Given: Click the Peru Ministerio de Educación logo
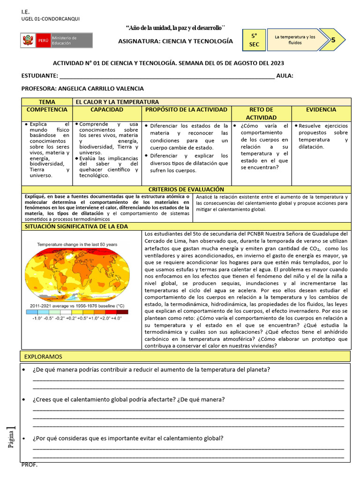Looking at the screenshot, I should [x=56, y=40].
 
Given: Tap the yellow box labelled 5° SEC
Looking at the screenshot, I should [x=254, y=40].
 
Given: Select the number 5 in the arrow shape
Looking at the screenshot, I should [x=333, y=40].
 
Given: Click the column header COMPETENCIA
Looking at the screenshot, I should [x=47, y=110].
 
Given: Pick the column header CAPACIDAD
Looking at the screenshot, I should [x=107, y=110].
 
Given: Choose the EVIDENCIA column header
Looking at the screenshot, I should [x=321, y=110].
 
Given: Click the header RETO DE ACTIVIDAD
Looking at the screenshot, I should [x=261, y=113].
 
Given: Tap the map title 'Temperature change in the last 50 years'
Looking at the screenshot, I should [x=77, y=244].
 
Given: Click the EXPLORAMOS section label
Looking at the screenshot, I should [x=43, y=357].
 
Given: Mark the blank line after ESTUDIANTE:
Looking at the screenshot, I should [x=167, y=76].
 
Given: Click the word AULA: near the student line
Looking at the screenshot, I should [x=285, y=76].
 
